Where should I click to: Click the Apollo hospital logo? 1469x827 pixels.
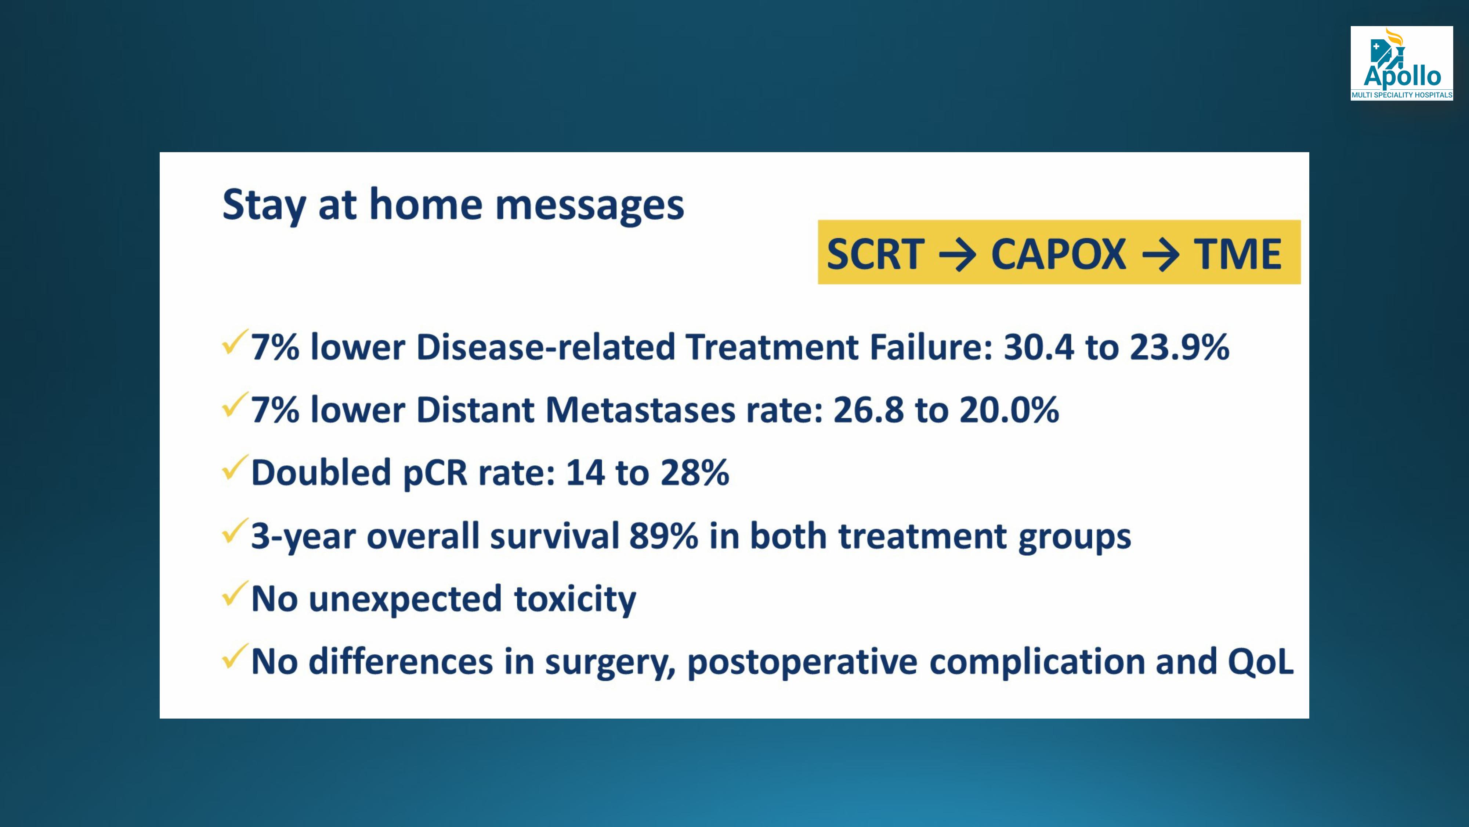(x=1401, y=63)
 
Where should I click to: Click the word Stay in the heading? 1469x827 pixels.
(x=264, y=204)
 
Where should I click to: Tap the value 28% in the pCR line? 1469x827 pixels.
(x=695, y=473)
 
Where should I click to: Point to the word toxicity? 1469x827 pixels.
(x=575, y=599)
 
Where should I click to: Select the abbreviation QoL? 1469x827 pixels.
(x=1260, y=662)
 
